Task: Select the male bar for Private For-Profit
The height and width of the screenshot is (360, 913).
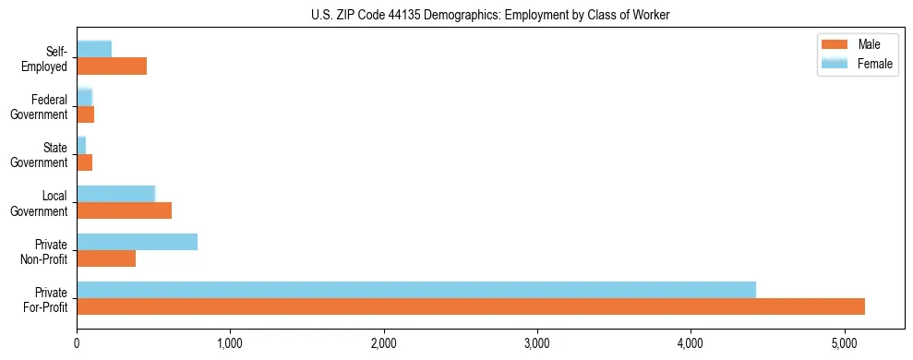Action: [471, 306]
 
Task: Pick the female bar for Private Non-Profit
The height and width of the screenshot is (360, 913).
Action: [137, 242]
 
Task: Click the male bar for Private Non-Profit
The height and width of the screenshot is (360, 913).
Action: [106, 258]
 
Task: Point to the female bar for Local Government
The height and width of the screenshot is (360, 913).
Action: [115, 194]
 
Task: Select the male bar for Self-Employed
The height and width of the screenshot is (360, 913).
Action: [112, 66]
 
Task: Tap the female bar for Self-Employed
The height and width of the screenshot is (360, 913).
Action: [94, 50]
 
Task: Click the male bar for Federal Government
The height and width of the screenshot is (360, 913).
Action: [86, 114]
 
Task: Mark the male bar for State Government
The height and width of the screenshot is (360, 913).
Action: [85, 162]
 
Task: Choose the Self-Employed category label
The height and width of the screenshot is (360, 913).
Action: [45, 58]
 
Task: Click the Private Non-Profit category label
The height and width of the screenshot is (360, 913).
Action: [45, 250]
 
